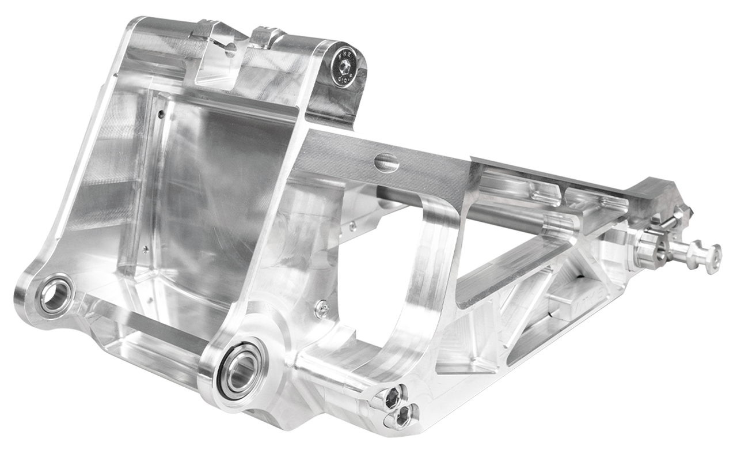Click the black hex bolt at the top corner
tap(344, 68)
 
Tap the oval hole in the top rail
tap(386, 162)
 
